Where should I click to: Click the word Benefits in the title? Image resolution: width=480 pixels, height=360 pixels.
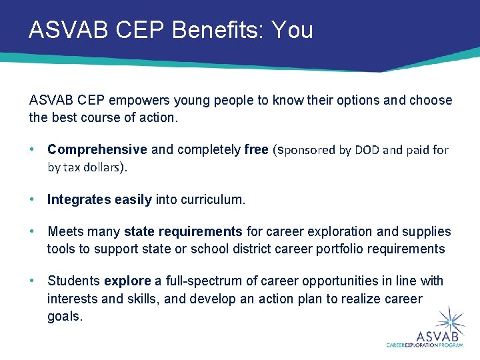click(x=208, y=31)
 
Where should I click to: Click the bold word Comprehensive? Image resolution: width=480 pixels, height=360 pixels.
click(x=97, y=149)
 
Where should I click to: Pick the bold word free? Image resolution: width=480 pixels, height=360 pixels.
click(x=256, y=149)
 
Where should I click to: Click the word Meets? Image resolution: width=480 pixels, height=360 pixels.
click(x=65, y=231)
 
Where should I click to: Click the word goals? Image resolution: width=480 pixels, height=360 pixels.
click(x=64, y=316)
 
